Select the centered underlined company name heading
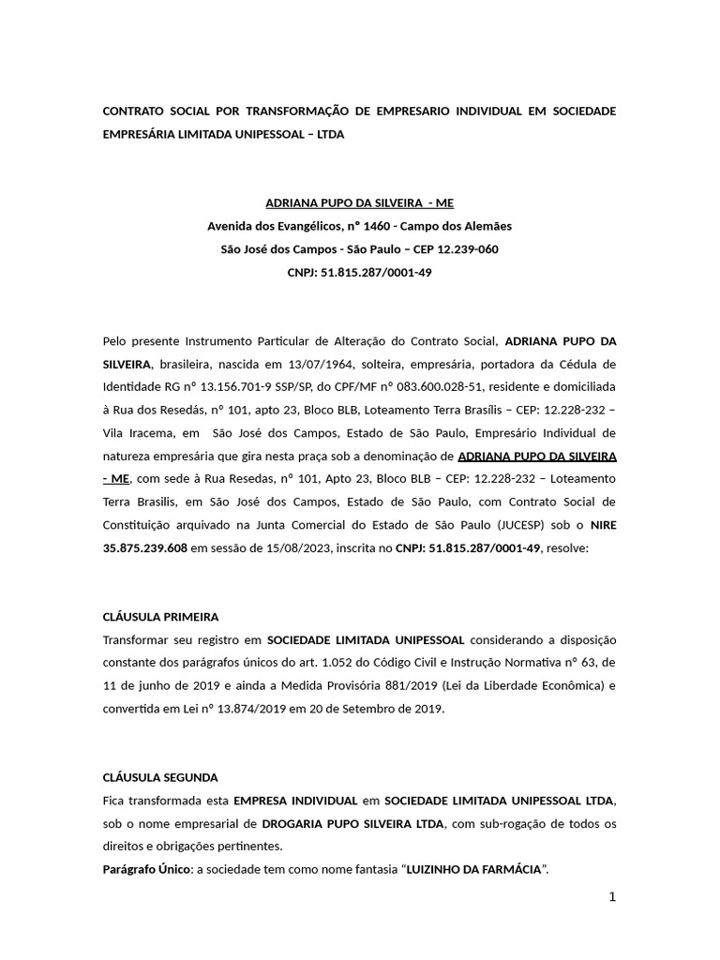[x=359, y=202]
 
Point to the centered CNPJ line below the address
[x=359, y=272]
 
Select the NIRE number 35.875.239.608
[x=145, y=547]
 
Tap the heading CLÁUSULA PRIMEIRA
[x=160, y=617]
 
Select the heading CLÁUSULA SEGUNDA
[x=159, y=777]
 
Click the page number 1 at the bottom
[x=612, y=897]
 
